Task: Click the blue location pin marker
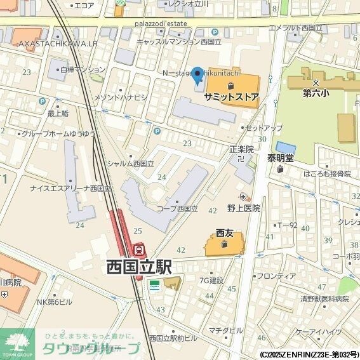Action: point(197,76)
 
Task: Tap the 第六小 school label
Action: point(315,93)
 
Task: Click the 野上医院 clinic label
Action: point(244,208)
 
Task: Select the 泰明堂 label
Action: point(280,158)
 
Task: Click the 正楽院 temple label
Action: point(241,149)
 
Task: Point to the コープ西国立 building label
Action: point(177,208)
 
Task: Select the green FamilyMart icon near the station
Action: point(154,284)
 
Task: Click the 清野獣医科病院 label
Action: point(325,298)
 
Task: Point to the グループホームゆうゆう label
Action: point(58,134)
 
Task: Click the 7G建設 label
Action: point(211,280)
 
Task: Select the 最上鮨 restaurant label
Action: point(58,114)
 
